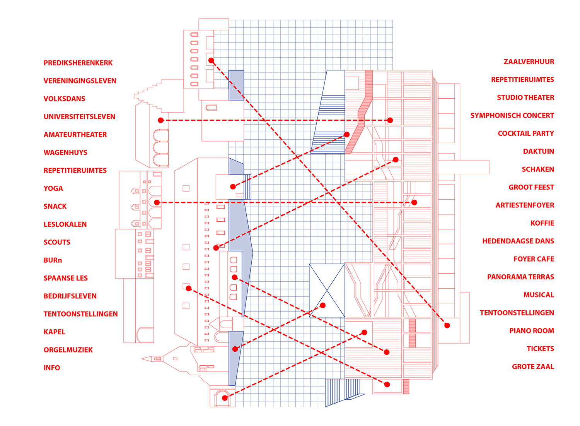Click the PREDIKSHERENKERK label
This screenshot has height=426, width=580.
(x=78, y=63)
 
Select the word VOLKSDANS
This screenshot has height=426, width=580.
(x=64, y=99)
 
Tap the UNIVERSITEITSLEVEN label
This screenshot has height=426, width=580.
(x=79, y=117)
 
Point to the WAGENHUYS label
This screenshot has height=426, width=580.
(x=65, y=152)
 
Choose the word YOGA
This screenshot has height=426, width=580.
(x=53, y=188)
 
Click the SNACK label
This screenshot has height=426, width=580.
(x=55, y=206)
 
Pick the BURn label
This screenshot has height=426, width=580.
(x=53, y=260)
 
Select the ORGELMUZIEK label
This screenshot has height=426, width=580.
(x=68, y=350)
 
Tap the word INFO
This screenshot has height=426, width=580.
(x=52, y=368)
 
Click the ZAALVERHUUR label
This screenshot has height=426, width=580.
(x=529, y=62)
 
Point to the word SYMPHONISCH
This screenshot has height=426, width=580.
(x=491, y=116)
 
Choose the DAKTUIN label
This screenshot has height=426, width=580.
(x=538, y=151)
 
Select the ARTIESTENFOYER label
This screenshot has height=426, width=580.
(x=525, y=205)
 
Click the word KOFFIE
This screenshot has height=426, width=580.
(x=542, y=223)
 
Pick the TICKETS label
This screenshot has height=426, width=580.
(x=540, y=349)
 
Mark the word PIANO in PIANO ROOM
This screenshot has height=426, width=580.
(x=520, y=331)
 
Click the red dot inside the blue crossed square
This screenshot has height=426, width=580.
(x=323, y=305)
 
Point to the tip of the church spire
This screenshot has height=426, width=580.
(x=142, y=359)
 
